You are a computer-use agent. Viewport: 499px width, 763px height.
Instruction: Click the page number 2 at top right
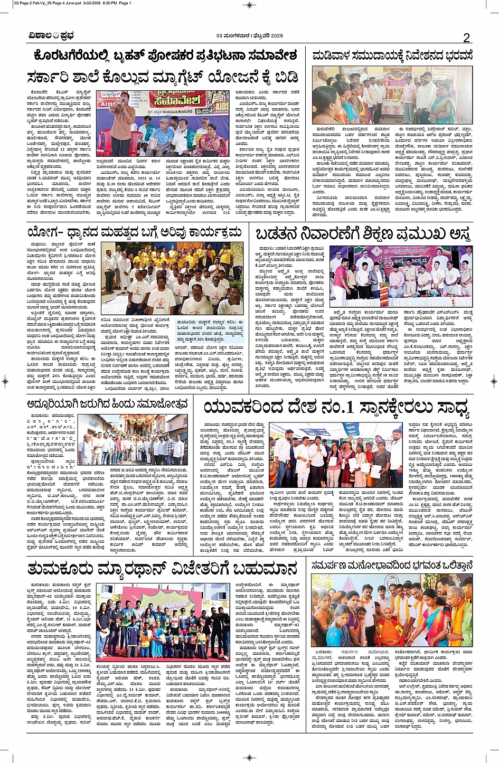click(466, 37)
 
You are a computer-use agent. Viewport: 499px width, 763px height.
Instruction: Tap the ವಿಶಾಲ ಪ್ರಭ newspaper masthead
click(51, 36)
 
